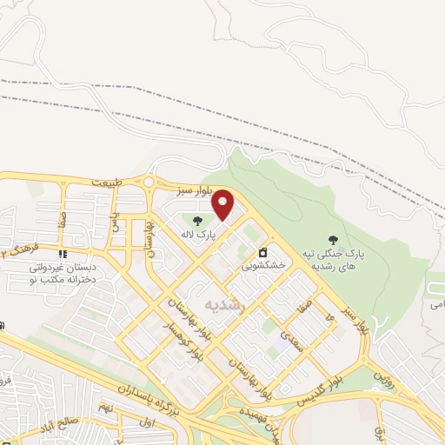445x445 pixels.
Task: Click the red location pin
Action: pyautogui.click(x=223, y=204)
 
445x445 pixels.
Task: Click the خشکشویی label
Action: pyautogui.click(x=264, y=268)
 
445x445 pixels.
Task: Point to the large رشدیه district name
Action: pyautogui.click(x=226, y=304)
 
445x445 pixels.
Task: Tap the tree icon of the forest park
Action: pyautogui.click(x=332, y=239)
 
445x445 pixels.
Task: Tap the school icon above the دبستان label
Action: pyautogui.click(x=63, y=255)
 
